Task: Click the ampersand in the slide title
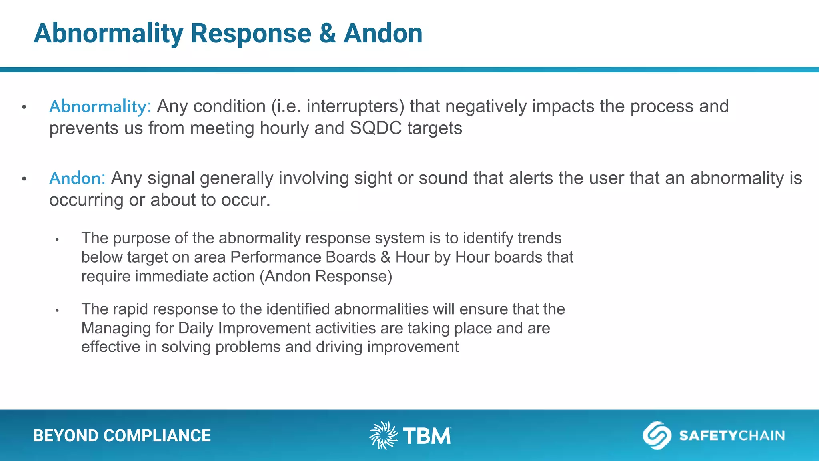[327, 34]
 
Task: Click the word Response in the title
[251, 34]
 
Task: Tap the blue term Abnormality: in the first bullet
[100, 106]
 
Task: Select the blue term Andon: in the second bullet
[77, 178]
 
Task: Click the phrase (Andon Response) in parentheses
[326, 277]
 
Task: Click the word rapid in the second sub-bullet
[130, 309]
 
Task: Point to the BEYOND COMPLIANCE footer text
[122, 436]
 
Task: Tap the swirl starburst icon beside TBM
[383, 435]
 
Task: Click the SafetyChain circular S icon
[657, 435]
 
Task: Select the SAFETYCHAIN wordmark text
[732, 436]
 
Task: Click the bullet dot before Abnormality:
[24, 107]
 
